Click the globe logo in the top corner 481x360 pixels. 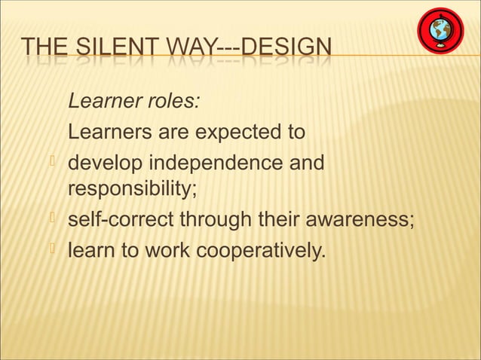[x=441, y=32]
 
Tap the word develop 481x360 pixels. [x=101, y=163]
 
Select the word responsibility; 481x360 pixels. [x=133, y=188]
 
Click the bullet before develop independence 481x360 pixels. [x=52, y=163]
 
